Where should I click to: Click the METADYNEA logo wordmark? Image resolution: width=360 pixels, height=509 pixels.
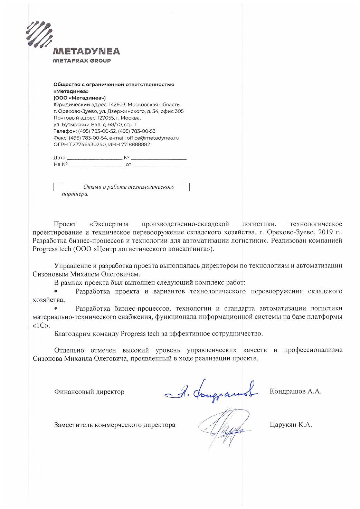86,51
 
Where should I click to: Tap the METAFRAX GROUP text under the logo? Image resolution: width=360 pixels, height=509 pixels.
82,60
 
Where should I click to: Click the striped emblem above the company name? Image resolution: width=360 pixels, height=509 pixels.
39,34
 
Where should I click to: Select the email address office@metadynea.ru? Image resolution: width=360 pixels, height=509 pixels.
153,138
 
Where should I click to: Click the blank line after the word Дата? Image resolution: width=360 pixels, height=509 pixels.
94,158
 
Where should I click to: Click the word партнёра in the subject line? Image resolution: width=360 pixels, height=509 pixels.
75,194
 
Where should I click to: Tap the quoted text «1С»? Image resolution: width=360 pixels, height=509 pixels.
41,325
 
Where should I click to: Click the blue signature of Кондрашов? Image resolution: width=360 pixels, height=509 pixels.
211,392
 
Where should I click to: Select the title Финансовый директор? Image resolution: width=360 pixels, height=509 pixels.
89,392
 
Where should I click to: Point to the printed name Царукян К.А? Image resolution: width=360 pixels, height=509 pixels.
291,425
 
